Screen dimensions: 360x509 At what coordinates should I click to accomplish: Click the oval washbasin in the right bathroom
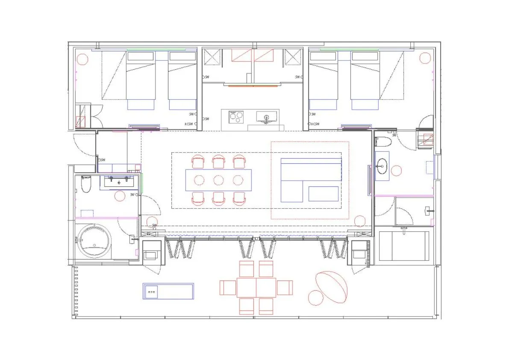pos(382,165)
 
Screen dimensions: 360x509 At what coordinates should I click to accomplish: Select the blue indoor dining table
pos(218,180)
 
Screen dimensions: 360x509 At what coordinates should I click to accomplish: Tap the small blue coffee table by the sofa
pos(324,194)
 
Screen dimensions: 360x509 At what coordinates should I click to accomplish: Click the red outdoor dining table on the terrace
pos(256,288)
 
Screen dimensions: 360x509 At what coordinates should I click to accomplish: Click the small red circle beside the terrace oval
pos(315,298)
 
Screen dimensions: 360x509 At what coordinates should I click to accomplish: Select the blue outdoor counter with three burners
pos(168,291)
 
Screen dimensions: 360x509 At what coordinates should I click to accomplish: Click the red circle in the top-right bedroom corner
pos(425,57)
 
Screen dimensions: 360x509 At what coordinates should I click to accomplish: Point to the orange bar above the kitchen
pos(253,86)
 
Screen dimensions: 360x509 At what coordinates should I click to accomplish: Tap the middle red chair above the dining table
pos(218,162)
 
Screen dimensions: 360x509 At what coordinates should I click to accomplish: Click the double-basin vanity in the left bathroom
pos(119,181)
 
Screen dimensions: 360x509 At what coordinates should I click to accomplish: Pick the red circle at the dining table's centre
pos(218,180)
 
